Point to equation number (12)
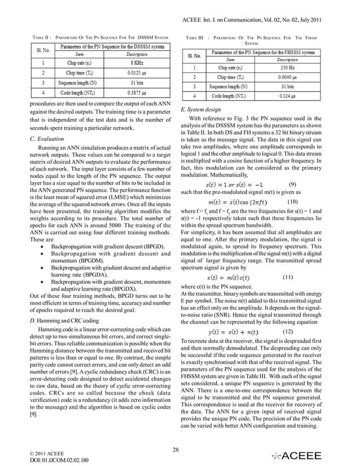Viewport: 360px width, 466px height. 287,331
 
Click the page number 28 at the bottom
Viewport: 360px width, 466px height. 180,449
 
